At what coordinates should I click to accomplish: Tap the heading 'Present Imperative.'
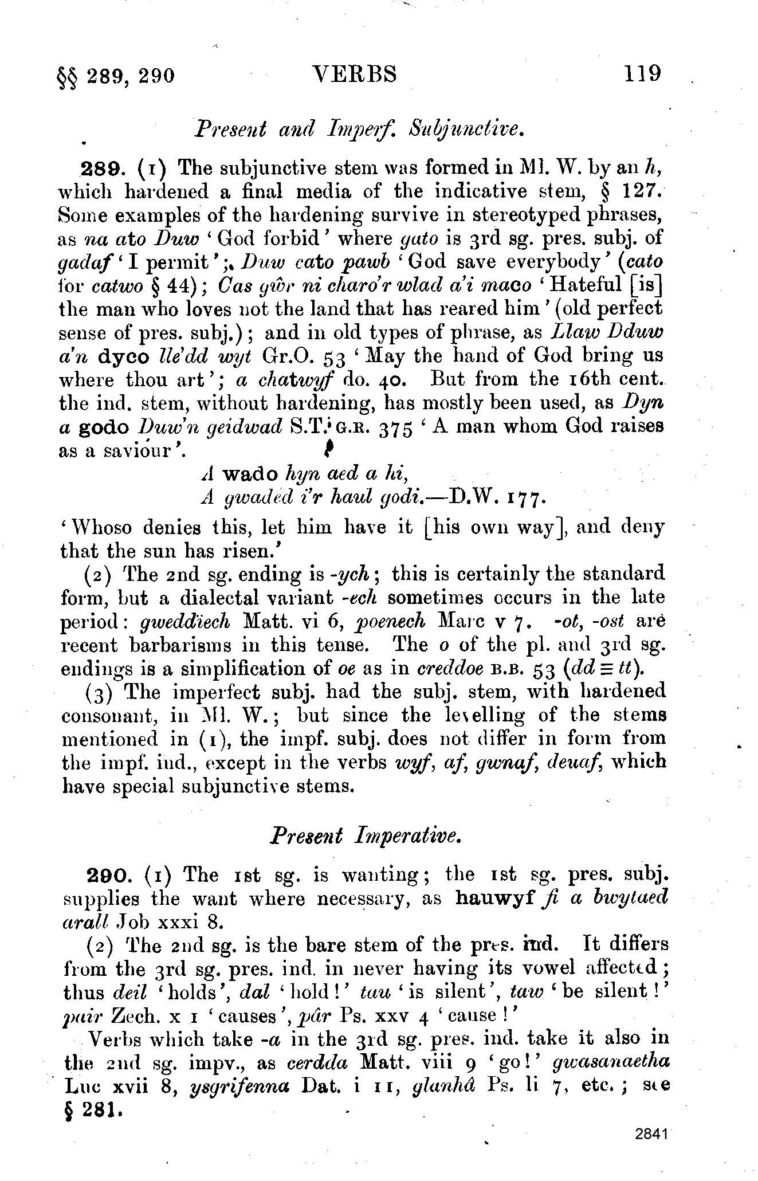click(x=366, y=836)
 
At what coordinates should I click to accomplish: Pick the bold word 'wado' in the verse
click(x=250, y=474)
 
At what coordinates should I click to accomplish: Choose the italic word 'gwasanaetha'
click(x=611, y=1062)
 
